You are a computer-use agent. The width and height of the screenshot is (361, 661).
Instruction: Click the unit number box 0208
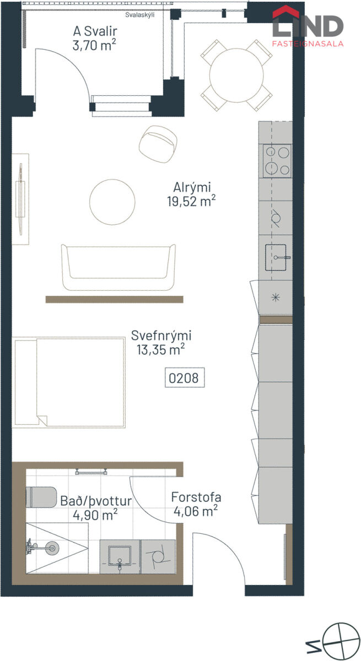pos(185,377)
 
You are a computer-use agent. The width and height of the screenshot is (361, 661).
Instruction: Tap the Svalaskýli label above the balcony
pos(139,15)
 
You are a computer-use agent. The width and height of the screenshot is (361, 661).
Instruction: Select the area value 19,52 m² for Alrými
pos(191,201)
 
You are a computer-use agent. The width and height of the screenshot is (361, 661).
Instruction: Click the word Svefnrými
pos(161,335)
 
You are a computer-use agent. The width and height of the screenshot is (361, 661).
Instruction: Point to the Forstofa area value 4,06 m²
pos(196,511)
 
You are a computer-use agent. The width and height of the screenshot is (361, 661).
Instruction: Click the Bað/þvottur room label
pos(96,501)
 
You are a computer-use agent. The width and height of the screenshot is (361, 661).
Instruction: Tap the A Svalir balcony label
pos(95,31)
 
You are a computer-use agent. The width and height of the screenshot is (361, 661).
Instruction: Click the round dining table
pos(236,75)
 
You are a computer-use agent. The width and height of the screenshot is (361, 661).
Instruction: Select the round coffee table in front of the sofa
pos(112,202)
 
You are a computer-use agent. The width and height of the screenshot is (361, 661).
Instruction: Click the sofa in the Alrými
pos(118,267)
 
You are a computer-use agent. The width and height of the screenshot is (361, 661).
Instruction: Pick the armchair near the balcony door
pos(158,144)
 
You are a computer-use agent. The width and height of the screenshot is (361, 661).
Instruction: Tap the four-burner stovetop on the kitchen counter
pos(277,161)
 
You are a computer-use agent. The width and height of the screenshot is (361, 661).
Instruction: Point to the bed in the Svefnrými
pos(69,382)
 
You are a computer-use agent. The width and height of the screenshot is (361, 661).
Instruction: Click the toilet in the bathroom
pos(41,497)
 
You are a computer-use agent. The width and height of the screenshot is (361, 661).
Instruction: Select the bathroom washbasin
pos(120,556)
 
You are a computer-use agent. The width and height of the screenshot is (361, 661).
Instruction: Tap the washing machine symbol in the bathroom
pos(158,556)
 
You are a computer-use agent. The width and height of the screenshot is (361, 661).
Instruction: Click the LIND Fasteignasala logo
pos(308,26)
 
